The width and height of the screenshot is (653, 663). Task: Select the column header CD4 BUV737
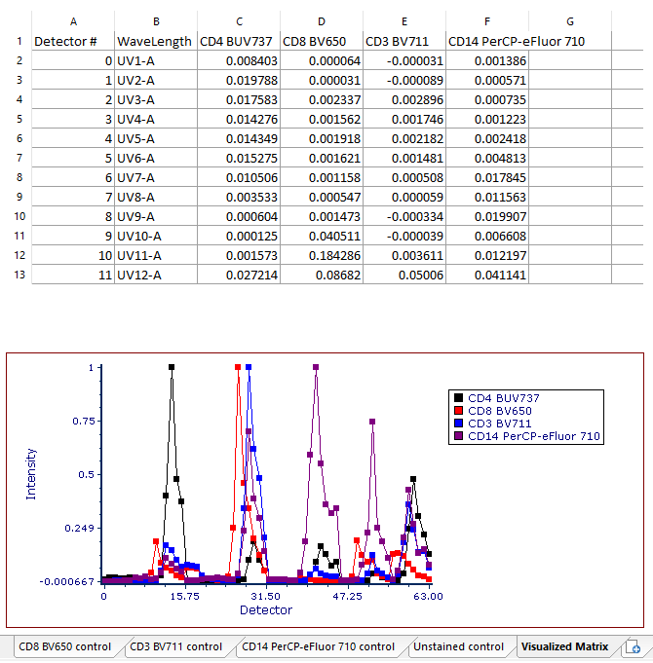click(x=237, y=41)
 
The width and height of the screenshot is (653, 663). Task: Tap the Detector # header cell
click(x=66, y=41)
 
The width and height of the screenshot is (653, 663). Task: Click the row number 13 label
click(x=18, y=275)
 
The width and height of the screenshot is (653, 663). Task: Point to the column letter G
click(x=570, y=20)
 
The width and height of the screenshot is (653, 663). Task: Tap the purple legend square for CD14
click(x=458, y=437)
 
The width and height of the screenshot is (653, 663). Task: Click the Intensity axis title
click(x=31, y=473)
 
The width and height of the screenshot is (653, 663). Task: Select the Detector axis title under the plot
click(x=265, y=610)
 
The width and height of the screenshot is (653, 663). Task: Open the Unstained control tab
click(x=458, y=646)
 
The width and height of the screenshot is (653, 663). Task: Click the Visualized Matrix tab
click(x=564, y=646)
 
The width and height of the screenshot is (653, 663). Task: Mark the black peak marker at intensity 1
click(x=172, y=367)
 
